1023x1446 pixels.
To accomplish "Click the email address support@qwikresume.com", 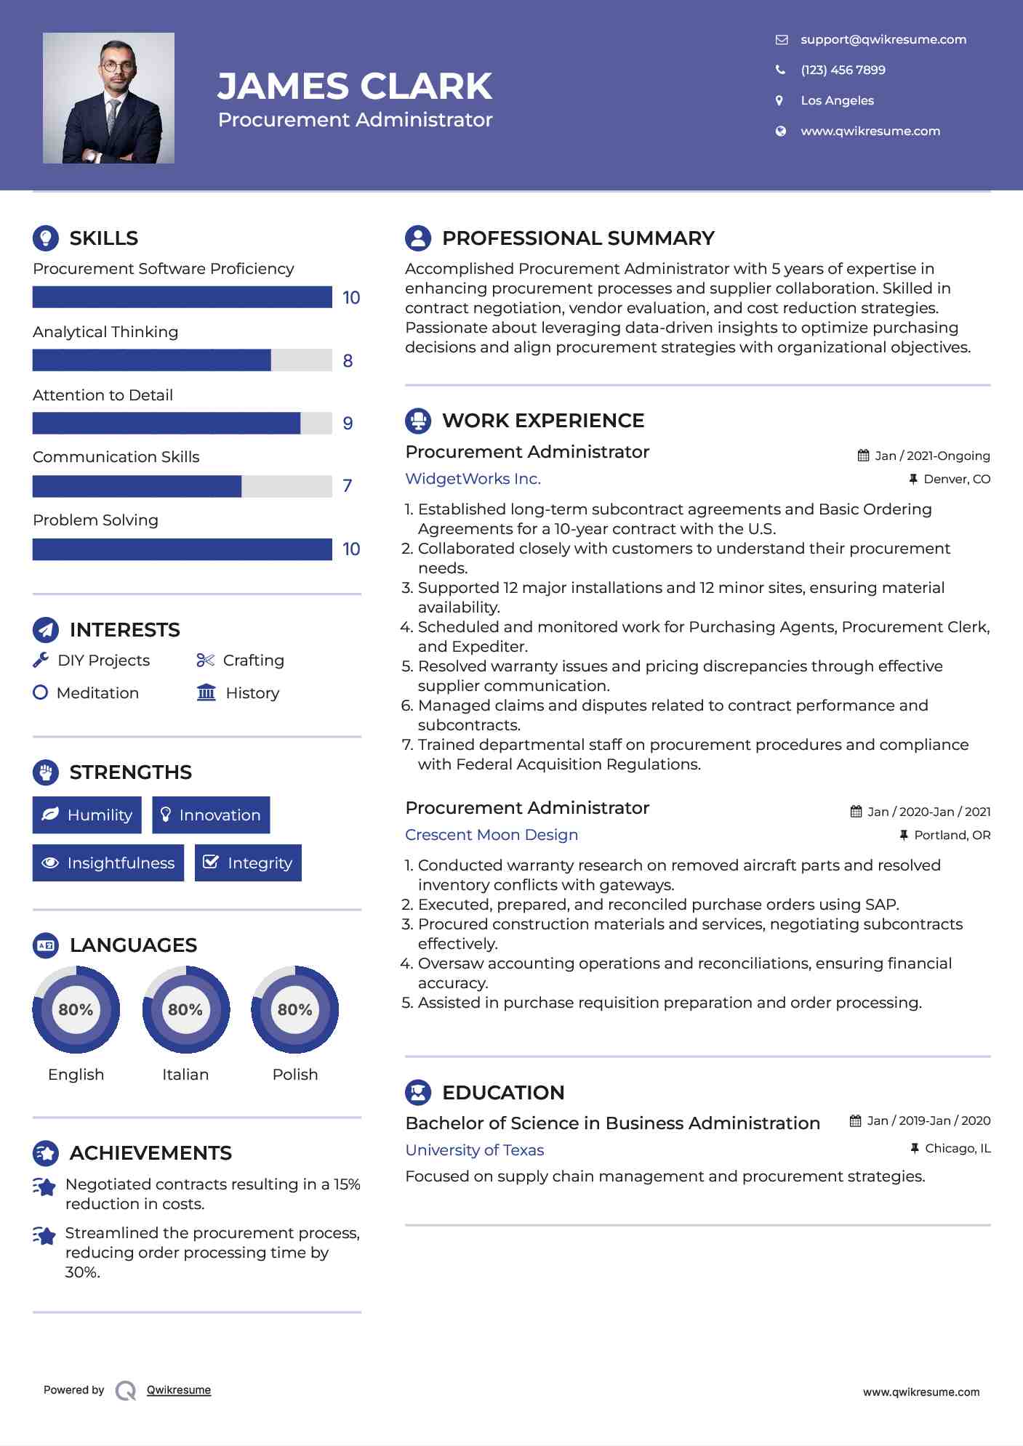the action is (x=883, y=40).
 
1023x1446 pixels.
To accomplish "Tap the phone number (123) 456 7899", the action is (x=843, y=70).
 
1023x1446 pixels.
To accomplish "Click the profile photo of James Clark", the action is (x=108, y=98).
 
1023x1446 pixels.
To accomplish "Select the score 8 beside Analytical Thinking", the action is (x=348, y=361).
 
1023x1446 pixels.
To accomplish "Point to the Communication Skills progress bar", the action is (x=182, y=486).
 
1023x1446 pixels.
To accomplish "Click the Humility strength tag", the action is (x=87, y=815).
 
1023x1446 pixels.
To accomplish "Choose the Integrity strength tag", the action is (x=248, y=863).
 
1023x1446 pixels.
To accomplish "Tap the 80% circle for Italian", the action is (x=185, y=1009).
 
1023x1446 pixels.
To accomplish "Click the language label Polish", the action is (x=294, y=1075).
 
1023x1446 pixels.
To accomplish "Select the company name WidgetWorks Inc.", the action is (x=473, y=479).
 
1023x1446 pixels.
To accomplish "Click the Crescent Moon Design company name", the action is (x=492, y=835).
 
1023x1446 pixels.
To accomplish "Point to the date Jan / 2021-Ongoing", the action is (x=931, y=456).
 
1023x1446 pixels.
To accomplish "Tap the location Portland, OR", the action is (x=952, y=836).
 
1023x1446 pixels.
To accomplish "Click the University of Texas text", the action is (x=474, y=1150).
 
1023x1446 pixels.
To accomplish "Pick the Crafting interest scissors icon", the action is (x=205, y=661).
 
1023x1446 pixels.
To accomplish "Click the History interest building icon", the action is (x=206, y=692).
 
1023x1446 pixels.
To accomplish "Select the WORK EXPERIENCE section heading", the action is (x=542, y=421).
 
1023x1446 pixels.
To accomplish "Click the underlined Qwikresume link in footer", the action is (x=179, y=1390).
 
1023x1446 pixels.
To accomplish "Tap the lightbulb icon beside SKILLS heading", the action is (x=46, y=238).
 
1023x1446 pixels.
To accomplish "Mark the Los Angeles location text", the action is (x=837, y=101).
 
